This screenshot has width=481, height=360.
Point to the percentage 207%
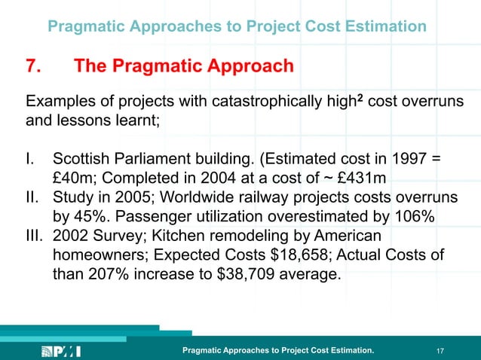[x=106, y=276]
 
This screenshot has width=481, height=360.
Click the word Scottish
[x=79, y=160]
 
